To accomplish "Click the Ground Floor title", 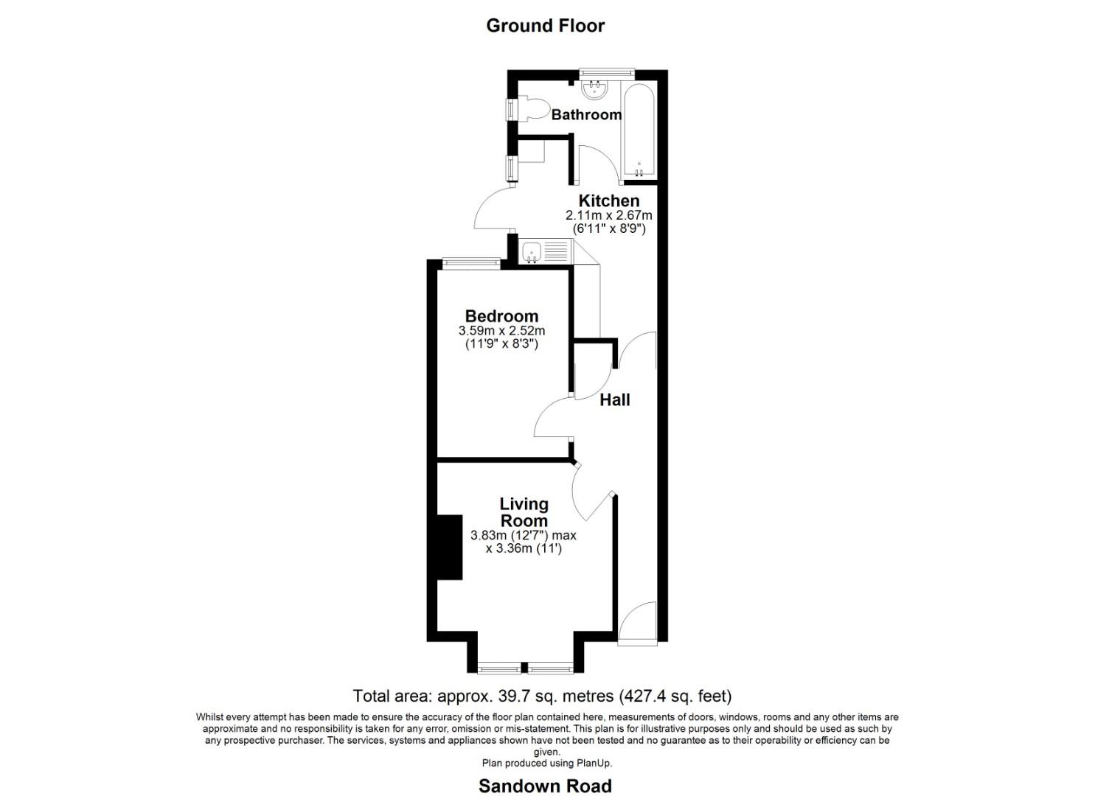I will coord(545,26).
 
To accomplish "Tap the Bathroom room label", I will coord(586,115).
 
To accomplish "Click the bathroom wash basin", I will coord(594,90).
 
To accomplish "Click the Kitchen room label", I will coord(608,200).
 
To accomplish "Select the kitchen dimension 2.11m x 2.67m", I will coord(608,215).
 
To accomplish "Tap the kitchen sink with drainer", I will coord(545,252).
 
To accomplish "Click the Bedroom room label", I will coord(501,316).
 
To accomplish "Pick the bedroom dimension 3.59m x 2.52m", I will coord(501,330).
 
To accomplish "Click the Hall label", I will coord(614,400).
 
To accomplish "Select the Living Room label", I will coord(524,512).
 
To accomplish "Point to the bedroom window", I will coord(471,260).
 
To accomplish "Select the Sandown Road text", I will coord(545,786).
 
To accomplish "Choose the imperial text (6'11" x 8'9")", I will coord(608,228).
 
